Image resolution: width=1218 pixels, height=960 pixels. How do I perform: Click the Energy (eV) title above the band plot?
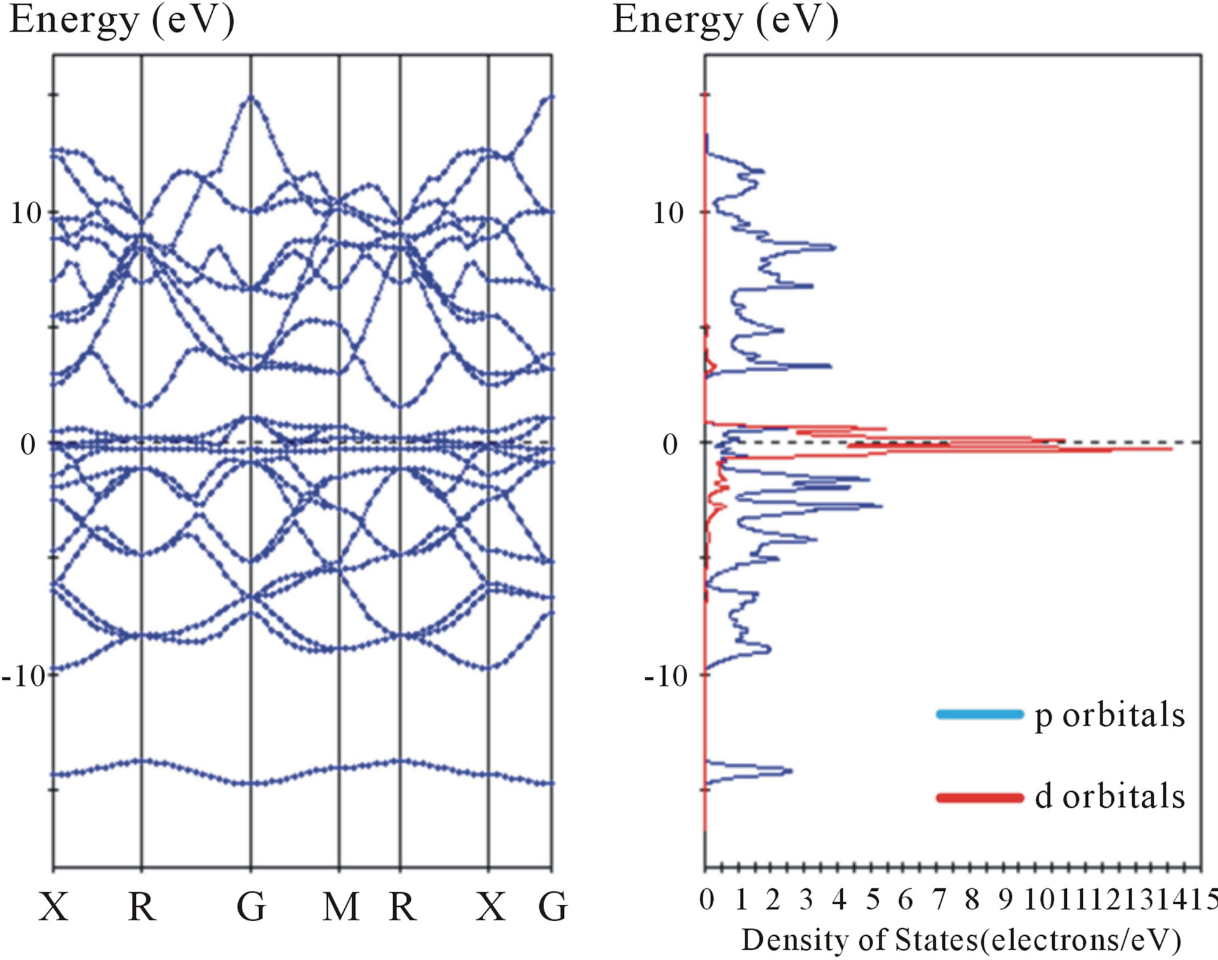point(122,20)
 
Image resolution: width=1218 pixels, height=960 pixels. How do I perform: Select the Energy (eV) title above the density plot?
point(725,20)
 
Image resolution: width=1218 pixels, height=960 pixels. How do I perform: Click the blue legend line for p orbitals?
point(980,714)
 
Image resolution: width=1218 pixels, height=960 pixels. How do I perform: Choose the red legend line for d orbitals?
point(980,797)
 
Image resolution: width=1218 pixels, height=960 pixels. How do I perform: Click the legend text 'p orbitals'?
point(1109,715)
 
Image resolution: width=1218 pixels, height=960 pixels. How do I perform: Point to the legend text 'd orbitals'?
point(1109,796)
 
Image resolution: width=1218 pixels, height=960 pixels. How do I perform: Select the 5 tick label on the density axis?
point(873,900)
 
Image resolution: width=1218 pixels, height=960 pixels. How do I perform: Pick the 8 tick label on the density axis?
point(972,900)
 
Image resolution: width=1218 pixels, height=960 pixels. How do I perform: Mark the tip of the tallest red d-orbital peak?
point(1172,449)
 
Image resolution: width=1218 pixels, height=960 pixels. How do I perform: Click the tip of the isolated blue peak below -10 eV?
point(792,771)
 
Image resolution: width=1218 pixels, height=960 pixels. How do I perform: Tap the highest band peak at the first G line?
point(251,97)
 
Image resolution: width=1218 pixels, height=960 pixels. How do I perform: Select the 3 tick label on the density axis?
point(806,900)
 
